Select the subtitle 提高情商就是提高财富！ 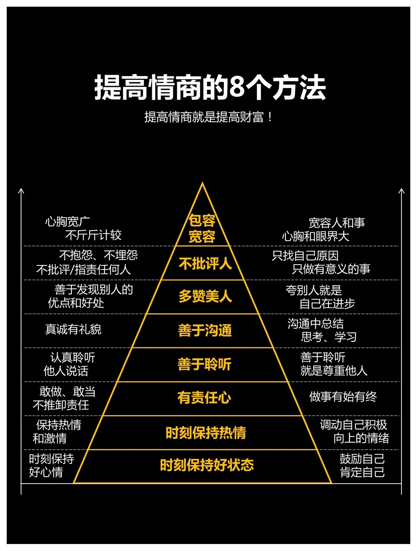click(x=208, y=117)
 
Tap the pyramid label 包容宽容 click(x=202, y=228)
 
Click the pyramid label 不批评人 click(x=205, y=264)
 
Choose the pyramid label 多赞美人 click(x=205, y=296)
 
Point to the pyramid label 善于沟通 click(x=205, y=330)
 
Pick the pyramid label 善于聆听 click(x=204, y=364)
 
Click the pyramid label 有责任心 click(x=204, y=397)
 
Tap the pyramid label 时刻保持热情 click(x=205, y=433)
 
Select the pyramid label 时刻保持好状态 click(x=207, y=465)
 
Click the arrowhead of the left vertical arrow click(x=21, y=191)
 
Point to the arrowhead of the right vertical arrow click(x=402, y=191)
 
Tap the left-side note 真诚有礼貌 click(x=73, y=329)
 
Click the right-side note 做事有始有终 click(x=343, y=397)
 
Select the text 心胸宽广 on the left click(x=68, y=221)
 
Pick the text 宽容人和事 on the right click(x=337, y=223)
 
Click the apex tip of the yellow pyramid click(x=202, y=184)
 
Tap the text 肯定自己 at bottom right click(x=362, y=472)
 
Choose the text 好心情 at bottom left click(x=46, y=472)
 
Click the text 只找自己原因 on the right click(x=305, y=255)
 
